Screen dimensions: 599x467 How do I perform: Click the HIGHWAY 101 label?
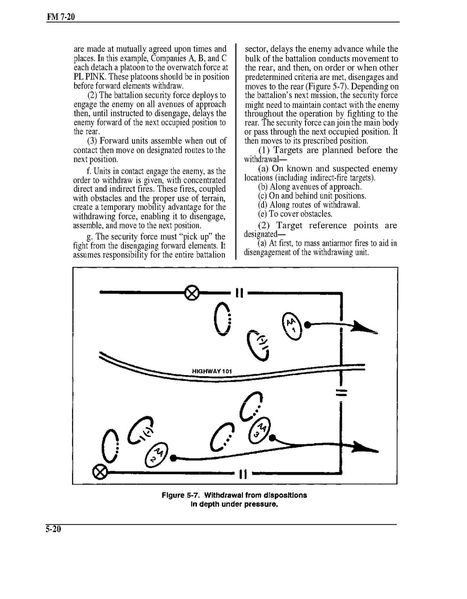(212, 371)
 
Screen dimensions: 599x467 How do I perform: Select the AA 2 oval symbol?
(157, 454)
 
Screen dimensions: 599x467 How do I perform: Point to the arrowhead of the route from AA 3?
(365, 447)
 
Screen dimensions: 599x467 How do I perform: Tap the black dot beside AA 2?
(172, 457)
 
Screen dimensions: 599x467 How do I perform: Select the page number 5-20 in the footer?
(50, 530)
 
